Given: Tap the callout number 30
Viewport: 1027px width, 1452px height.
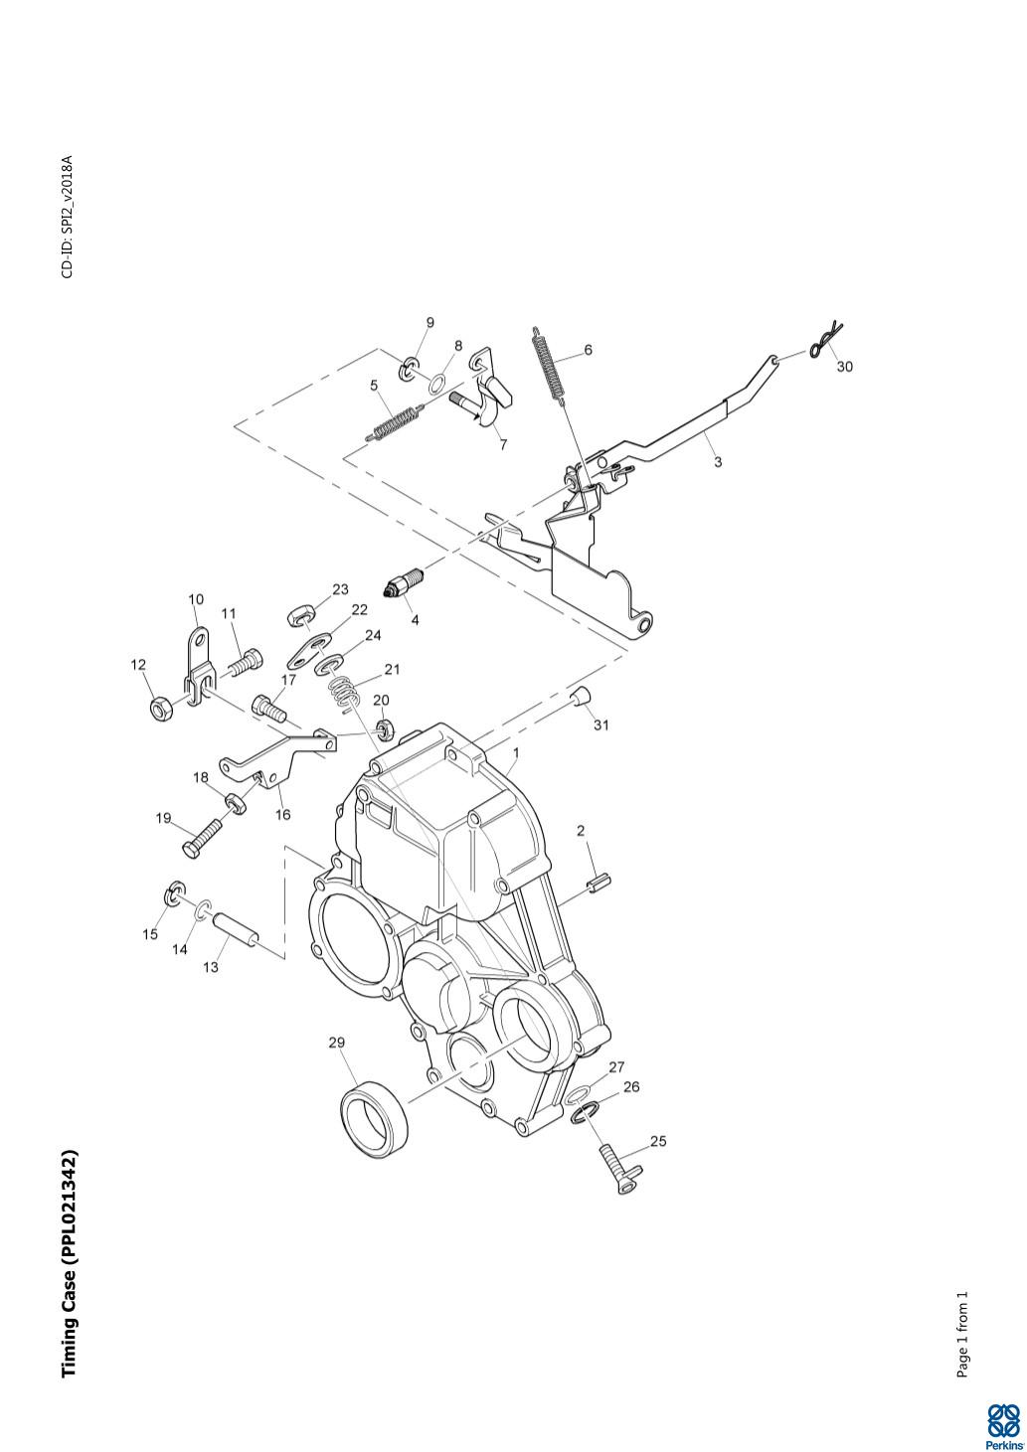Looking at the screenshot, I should point(844,367).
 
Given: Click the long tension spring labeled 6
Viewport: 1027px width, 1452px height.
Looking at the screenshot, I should point(549,364).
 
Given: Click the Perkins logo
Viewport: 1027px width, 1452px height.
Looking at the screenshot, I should point(1002,1424).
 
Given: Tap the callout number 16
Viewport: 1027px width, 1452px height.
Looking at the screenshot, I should point(283,815).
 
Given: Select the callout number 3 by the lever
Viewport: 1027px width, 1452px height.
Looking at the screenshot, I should point(718,462).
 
